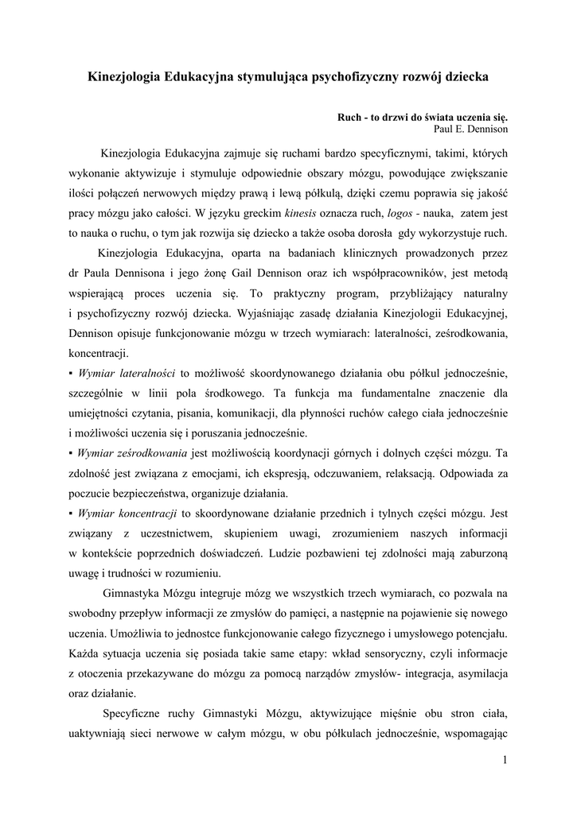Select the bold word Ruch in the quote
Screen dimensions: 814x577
[x=351, y=116]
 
